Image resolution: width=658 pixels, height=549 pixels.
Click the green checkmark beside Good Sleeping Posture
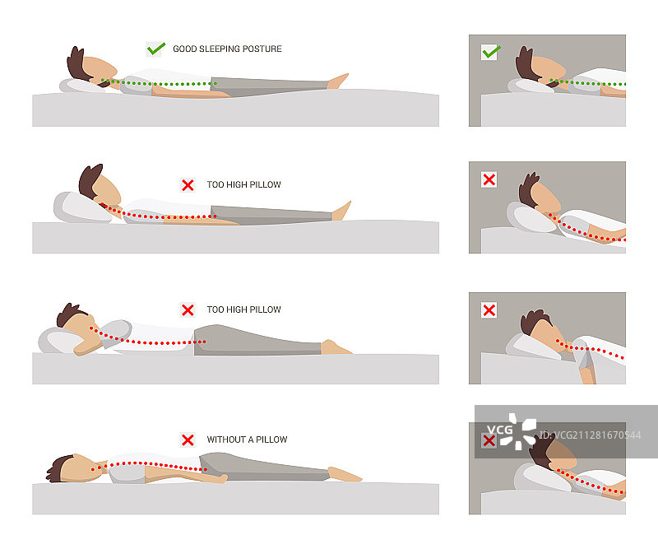point(155,49)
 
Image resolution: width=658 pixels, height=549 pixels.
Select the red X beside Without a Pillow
point(188,440)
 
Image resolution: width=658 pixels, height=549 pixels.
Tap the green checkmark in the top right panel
point(491,52)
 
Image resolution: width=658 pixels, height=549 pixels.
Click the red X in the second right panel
point(489,179)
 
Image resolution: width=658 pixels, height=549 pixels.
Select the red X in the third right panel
point(489,310)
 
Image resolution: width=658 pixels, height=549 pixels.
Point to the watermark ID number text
point(590,435)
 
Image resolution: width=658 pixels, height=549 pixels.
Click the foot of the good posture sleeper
point(338,81)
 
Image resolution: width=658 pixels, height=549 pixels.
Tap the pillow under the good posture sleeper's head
point(81,86)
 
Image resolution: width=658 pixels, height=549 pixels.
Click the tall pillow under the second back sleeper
point(80,207)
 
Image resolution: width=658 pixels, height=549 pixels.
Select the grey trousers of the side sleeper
point(256,341)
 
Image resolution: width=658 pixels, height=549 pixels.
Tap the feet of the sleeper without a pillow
point(344,474)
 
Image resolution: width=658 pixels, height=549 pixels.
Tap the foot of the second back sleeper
point(341,211)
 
